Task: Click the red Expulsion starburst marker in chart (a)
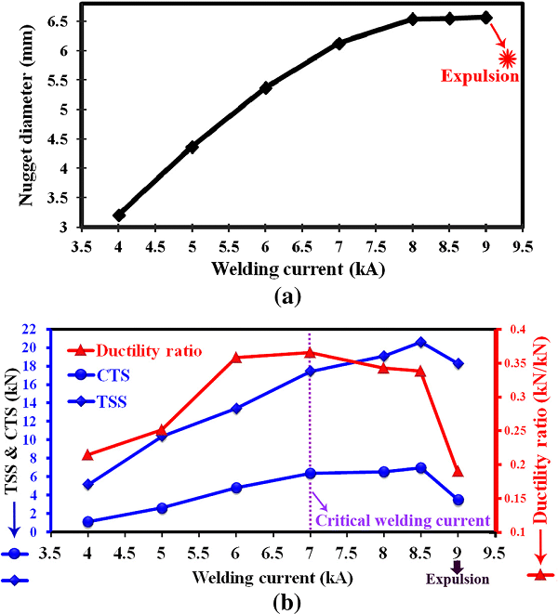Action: click(507, 59)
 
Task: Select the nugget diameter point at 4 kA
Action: click(119, 216)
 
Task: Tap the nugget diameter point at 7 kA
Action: click(339, 44)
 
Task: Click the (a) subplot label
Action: click(278, 297)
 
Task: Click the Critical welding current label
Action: click(403, 519)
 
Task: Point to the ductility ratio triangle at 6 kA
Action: click(236, 358)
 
